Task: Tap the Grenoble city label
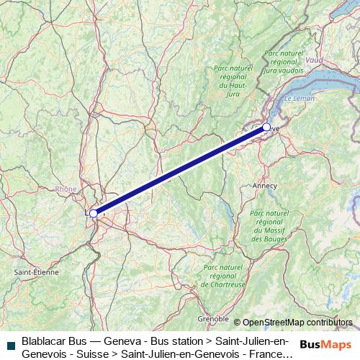pyautogui.click(x=215, y=318)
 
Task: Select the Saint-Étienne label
pyautogui.click(x=31, y=273)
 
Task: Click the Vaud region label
pyautogui.click(x=315, y=61)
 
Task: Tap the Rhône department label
pyautogui.click(x=66, y=189)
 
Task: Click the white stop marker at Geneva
pyautogui.click(x=266, y=127)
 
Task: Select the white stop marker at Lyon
pyautogui.click(x=93, y=213)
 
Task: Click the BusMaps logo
pyautogui.click(x=325, y=343)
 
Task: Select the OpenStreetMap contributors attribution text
pyautogui.click(x=297, y=322)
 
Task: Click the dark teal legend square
pyautogui.click(x=9, y=345)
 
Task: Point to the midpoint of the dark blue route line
pyautogui.click(x=179, y=171)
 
